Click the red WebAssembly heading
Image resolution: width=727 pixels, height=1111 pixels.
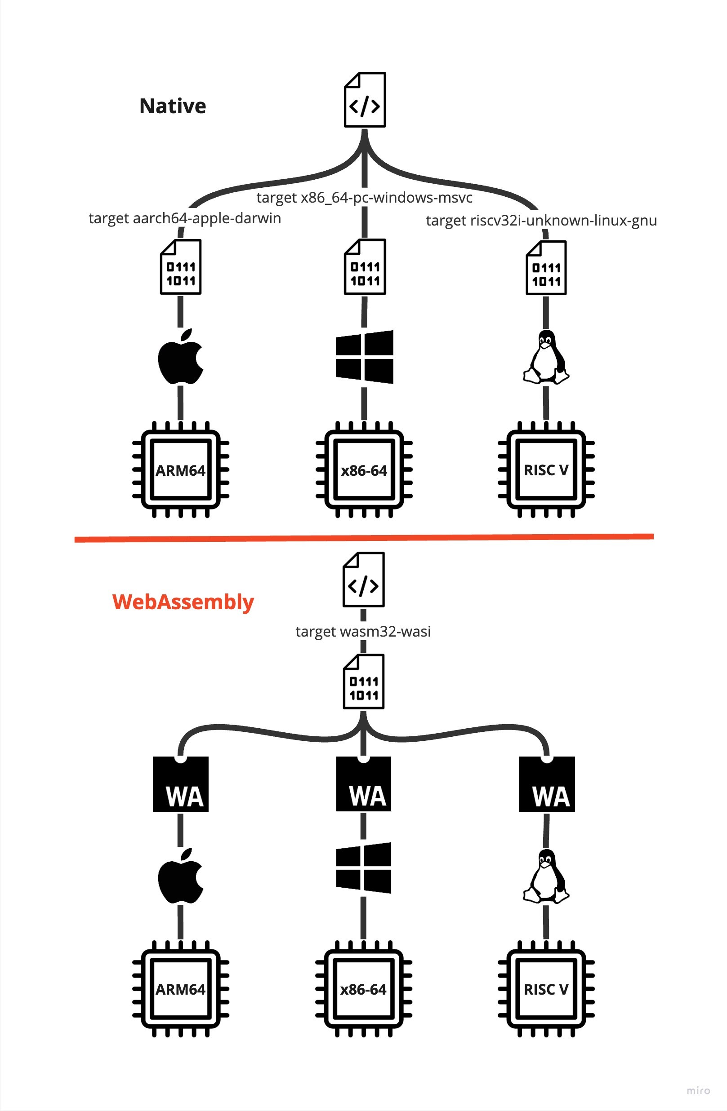pyautogui.click(x=183, y=602)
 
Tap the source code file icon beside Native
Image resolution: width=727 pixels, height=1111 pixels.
pyautogui.click(x=365, y=100)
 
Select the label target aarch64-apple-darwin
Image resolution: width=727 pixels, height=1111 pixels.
pyautogui.click(x=184, y=218)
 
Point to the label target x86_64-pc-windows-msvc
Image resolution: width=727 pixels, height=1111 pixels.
pyautogui.click(x=364, y=198)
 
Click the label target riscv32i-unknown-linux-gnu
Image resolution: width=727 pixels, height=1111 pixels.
pyautogui.click(x=541, y=220)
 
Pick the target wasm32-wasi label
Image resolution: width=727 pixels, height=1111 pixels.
pyautogui.click(x=362, y=632)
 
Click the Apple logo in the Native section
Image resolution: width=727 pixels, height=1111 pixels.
pyautogui.click(x=180, y=357)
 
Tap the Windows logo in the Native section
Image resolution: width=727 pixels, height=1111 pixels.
pyautogui.click(x=364, y=357)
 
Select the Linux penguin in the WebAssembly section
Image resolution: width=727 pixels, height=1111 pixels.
pyautogui.click(x=545, y=876)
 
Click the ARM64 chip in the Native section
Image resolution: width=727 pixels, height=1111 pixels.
pyautogui.click(x=180, y=469)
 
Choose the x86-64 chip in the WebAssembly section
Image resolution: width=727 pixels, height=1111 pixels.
pyautogui.click(x=363, y=989)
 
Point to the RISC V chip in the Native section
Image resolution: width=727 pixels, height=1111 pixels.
pyautogui.click(x=546, y=469)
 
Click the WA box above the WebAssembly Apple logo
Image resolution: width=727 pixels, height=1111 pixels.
pyautogui.click(x=180, y=784)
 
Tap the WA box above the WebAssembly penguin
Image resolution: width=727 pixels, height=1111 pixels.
pyautogui.click(x=547, y=784)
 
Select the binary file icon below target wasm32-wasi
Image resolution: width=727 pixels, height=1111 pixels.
pyautogui.click(x=363, y=682)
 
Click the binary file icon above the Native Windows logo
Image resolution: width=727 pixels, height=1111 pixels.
pyautogui.click(x=365, y=267)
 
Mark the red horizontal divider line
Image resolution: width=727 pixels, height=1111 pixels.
pyautogui.click(x=363, y=538)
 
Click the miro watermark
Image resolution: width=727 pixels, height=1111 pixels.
pyautogui.click(x=698, y=1090)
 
